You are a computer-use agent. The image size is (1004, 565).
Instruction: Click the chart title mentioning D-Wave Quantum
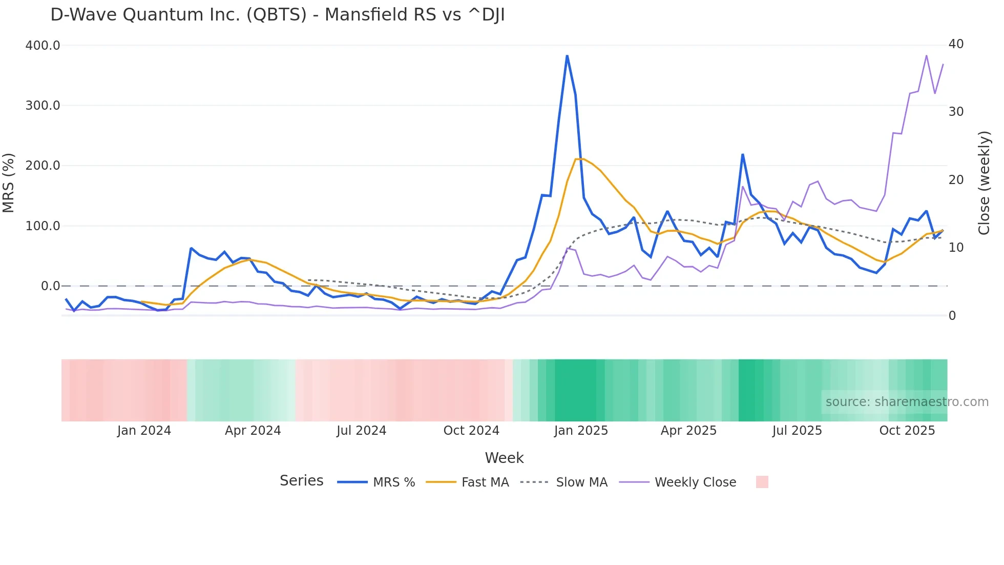click(x=277, y=15)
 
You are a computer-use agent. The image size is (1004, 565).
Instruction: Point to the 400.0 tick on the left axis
click(x=43, y=46)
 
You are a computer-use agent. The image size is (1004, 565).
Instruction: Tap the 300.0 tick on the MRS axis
click(x=43, y=106)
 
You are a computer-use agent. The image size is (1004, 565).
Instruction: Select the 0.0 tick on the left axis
click(x=50, y=286)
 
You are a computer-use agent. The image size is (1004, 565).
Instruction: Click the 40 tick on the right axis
click(x=956, y=44)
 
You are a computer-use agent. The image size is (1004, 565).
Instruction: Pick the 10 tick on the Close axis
click(x=956, y=248)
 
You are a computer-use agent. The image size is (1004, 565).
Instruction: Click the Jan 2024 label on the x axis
click(x=144, y=431)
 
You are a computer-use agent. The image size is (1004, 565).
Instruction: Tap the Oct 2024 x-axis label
click(x=471, y=431)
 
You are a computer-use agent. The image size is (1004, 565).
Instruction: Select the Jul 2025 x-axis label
click(x=797, y=431)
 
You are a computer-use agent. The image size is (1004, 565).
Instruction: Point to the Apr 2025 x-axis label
click(x=688, y=431)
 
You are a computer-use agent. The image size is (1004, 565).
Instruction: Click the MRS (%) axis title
click(x=9, y=183)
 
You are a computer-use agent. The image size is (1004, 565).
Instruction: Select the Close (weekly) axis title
click(x=984, y=183)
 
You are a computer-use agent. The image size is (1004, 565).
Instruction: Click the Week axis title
click(x=504, y=458)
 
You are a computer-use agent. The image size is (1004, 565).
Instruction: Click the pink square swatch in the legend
click(x=762, y=482)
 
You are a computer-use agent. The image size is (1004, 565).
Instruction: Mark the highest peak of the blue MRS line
click(x=567, y=56)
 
